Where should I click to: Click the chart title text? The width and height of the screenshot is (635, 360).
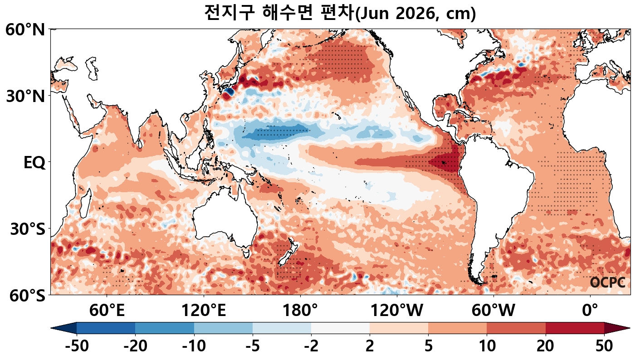coord(340,13)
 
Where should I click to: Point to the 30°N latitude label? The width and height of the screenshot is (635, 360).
coord(25,96)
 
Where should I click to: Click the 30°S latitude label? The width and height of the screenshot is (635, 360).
coord(27,229)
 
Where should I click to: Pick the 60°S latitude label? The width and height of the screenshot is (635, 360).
coord(25,296)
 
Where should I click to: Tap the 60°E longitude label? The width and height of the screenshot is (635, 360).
coord(107,311)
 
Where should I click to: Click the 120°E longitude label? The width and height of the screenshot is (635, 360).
coord(204,311)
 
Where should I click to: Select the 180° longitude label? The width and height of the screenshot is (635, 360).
coord(300,311)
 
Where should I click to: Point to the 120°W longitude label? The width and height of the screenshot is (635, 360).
coord(397,311)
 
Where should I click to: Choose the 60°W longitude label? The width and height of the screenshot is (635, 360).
coord(493,311)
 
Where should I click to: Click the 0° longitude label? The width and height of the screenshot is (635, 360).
coord(590,311)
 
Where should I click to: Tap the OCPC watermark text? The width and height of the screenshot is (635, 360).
coord(607,282)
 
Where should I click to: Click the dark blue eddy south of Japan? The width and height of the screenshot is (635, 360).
coord(228,92)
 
